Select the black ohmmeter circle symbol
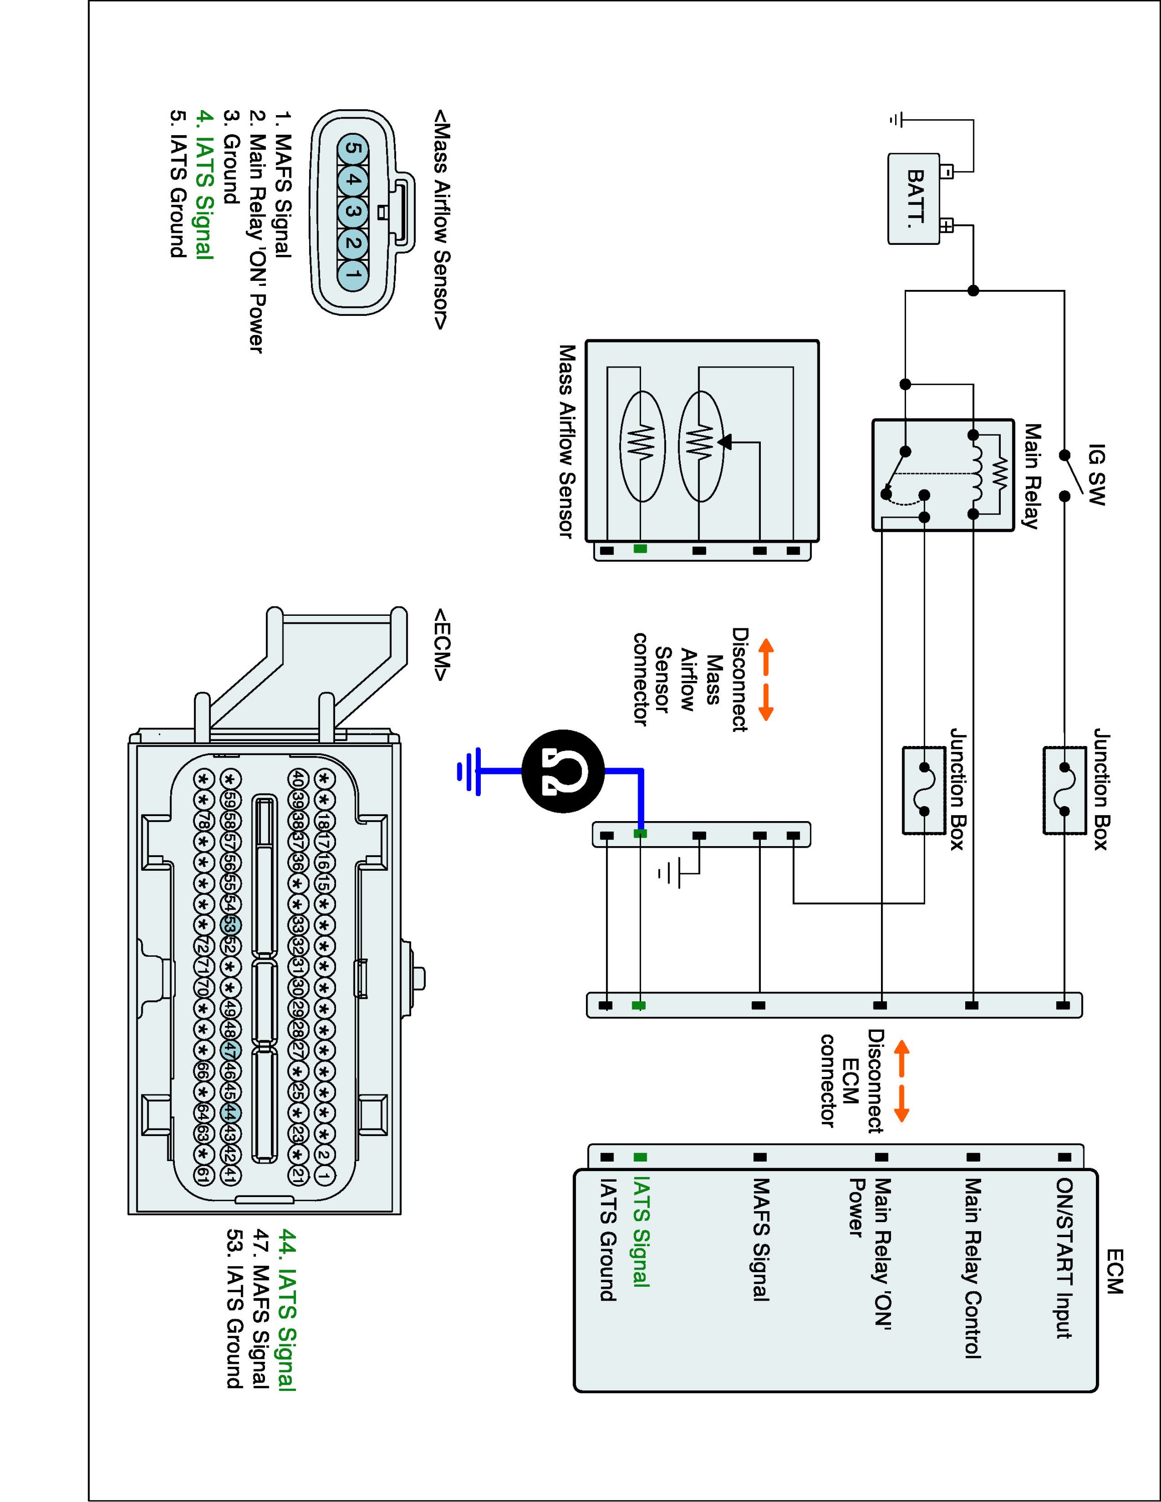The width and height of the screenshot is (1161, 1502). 562,772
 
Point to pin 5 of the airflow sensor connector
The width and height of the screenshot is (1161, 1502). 352,149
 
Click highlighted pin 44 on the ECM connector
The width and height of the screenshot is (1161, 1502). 230,1112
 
